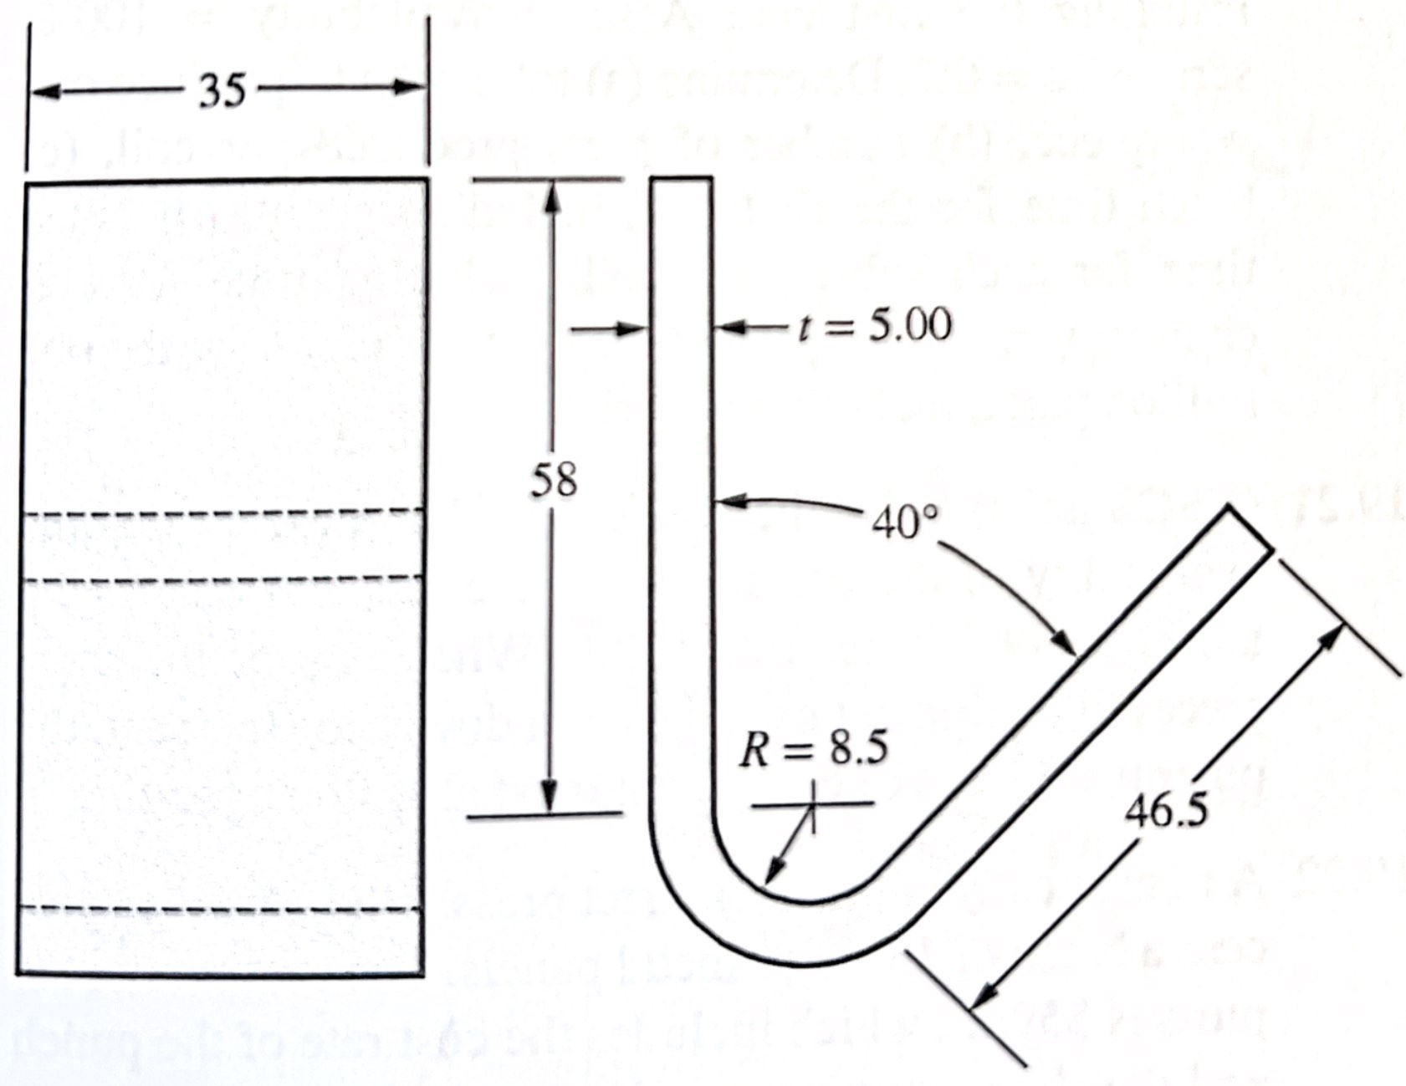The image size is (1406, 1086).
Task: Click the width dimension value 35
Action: [222, 90]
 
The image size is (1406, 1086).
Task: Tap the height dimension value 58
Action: [554, 480]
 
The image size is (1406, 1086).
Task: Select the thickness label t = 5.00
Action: [874, 325]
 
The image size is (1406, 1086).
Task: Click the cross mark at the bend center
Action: [812, 805]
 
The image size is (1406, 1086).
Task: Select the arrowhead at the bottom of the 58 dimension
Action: [550, 799]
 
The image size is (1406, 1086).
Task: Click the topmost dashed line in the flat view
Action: [222, 512]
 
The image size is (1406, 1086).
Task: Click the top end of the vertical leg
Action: [682, 178]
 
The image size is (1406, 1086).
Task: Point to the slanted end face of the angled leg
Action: [1250, 528]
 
